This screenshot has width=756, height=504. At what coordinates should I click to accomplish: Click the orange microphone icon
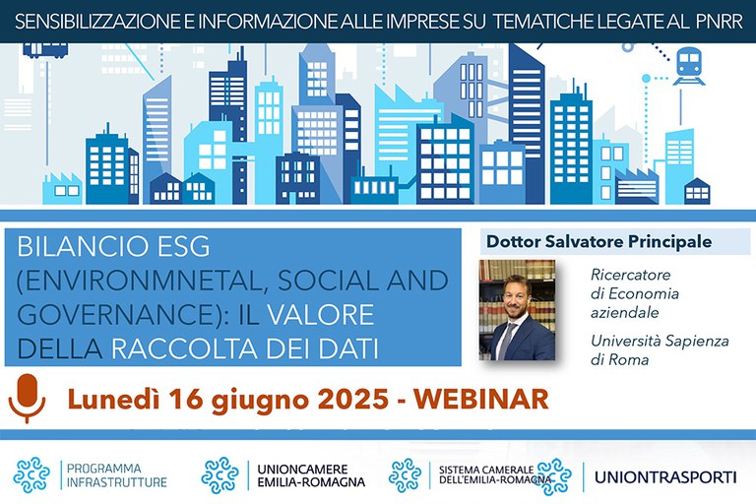[27, 398]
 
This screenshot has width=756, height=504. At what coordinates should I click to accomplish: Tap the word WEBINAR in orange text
[481, 400]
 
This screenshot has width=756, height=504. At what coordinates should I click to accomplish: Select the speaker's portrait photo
[517, 310]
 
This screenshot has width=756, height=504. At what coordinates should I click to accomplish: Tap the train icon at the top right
[688, 66]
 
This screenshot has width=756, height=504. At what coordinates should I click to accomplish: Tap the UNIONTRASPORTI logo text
[665, 477]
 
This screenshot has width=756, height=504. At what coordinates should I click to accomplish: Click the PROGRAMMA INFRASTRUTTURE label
[117, 475]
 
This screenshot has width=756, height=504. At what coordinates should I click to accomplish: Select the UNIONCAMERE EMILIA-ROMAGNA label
[311, 475]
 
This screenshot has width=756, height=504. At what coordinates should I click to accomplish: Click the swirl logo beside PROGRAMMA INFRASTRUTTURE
[31, 475]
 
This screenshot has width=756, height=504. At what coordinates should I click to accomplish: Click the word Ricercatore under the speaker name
[631, 275]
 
